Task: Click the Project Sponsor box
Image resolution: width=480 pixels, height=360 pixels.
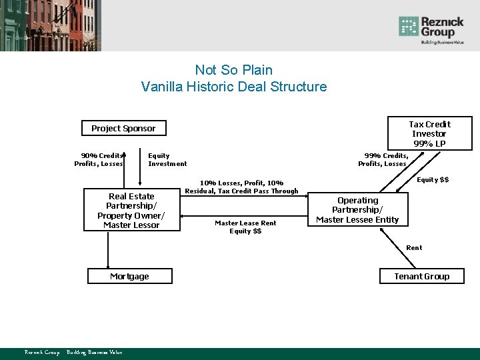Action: [x=123, y=128]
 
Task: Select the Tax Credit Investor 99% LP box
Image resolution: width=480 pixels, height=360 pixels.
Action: [x=429, y=133]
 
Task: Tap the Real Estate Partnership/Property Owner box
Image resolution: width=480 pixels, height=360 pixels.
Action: [x=131, y=211]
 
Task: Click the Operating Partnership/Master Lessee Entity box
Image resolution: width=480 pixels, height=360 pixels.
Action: [x=357, y=210]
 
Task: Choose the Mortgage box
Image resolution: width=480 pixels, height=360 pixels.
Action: [x=130, y=276]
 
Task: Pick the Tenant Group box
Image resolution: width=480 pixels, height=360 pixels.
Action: [x=422, y=276]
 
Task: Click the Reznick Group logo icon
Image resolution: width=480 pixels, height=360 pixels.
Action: [x=408, y=27]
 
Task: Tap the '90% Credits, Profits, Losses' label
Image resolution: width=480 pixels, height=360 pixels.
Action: [x=99, y=160]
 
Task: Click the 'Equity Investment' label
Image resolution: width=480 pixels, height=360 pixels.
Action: [x=167, y=160]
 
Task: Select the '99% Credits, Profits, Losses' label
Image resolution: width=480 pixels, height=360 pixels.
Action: [x=382, y=160]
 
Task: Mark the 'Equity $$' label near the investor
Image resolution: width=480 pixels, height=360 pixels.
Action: [x=433, y=179]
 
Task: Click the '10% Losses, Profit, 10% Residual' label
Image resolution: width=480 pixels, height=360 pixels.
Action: [x=241, y=187]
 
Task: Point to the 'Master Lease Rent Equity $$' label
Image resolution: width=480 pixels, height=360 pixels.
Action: [x=245, y=227]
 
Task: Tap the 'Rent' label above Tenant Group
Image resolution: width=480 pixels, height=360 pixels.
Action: [x=414, y=247]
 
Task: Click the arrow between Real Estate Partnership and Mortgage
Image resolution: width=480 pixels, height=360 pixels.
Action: [x=108, y=249]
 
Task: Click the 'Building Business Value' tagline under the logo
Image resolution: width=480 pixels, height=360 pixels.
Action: [x=441, y=42]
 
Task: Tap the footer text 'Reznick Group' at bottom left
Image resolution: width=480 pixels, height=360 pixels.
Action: [x=41, y=352]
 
